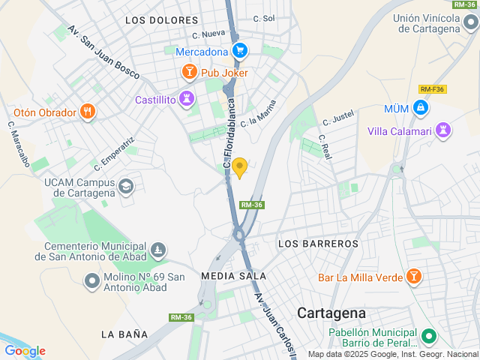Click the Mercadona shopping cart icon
239,51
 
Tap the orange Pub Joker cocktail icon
189,72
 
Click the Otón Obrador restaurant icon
88,112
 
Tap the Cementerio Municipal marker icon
157,249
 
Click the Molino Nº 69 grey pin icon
92,280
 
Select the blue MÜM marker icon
421,109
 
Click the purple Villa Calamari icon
444,130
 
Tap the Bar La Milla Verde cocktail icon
413,277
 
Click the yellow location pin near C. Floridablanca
239,167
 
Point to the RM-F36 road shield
432,88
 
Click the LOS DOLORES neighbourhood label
162,20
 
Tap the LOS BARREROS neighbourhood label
319,244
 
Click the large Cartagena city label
331,313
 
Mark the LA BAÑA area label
124,333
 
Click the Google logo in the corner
25,351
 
